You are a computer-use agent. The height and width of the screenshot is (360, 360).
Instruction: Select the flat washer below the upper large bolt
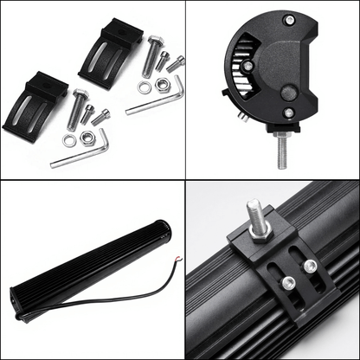click(144, 87)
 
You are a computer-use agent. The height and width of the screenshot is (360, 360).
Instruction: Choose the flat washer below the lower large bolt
click(69, 138)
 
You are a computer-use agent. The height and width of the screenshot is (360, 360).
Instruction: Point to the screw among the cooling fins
click(247, 65)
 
